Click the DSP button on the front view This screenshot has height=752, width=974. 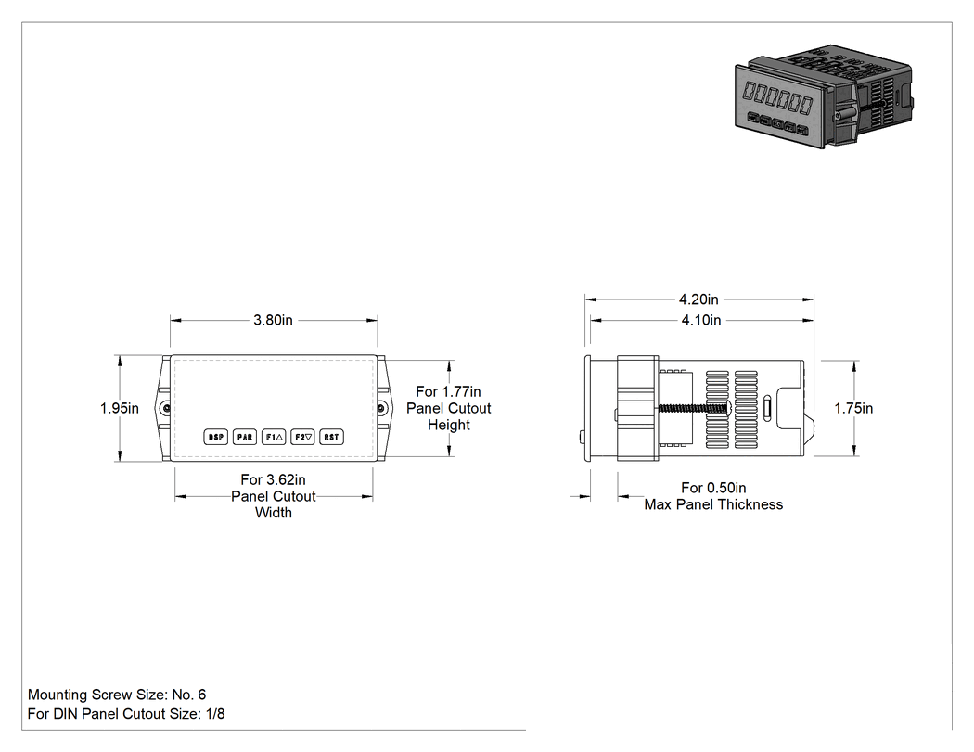[215, 437]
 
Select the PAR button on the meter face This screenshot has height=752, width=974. [245, 437]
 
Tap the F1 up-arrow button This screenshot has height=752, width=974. [274, 437]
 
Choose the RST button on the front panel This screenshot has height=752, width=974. [332, 437]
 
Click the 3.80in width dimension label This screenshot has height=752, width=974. [273, 321]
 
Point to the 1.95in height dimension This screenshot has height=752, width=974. [120, 409]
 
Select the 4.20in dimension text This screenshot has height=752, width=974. [698, 300]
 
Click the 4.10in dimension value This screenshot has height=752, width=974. [701, 321]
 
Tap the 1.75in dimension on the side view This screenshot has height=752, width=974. [853, 409]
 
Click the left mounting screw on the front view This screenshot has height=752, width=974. [166, 408]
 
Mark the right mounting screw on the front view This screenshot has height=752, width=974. [381, 408]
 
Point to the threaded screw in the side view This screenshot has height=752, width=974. [695, 409]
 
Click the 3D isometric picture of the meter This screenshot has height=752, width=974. [824, 96]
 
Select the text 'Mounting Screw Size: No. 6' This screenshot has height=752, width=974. [117, 695]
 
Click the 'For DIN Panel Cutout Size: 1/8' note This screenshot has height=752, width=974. [126, 714]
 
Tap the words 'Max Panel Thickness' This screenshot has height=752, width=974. [713, 504]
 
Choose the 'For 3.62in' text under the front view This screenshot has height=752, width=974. [274, 480]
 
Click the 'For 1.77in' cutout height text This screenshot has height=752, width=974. [448, 392]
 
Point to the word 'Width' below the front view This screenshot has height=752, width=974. [274, 513]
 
